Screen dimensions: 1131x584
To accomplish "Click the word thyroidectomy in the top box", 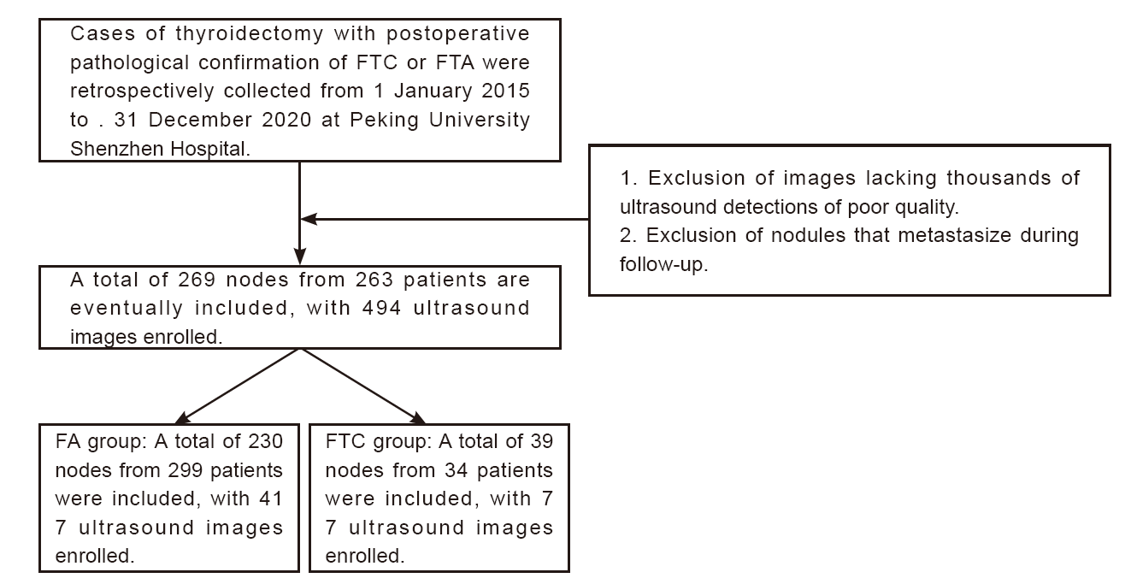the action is point(249,34).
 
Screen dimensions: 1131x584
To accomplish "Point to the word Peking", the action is point(384,121).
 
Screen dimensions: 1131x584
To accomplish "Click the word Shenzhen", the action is point(116,149).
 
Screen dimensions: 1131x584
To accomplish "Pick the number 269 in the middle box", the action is point(197,280).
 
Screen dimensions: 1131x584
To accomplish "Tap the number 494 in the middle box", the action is point(382,308).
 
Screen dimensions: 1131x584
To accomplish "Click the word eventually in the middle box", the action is point(127,309).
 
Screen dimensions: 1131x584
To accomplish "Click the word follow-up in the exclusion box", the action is point(663,264).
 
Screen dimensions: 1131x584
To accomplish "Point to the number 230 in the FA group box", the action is point(265,441).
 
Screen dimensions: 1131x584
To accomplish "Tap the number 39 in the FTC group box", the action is point(542,441).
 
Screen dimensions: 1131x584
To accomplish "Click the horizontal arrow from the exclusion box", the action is point(445,219).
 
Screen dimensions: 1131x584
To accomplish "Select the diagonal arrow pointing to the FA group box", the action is point(238,386).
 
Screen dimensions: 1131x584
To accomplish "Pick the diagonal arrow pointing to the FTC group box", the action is point(363,386).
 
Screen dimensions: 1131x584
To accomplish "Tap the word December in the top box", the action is point(200,120).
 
